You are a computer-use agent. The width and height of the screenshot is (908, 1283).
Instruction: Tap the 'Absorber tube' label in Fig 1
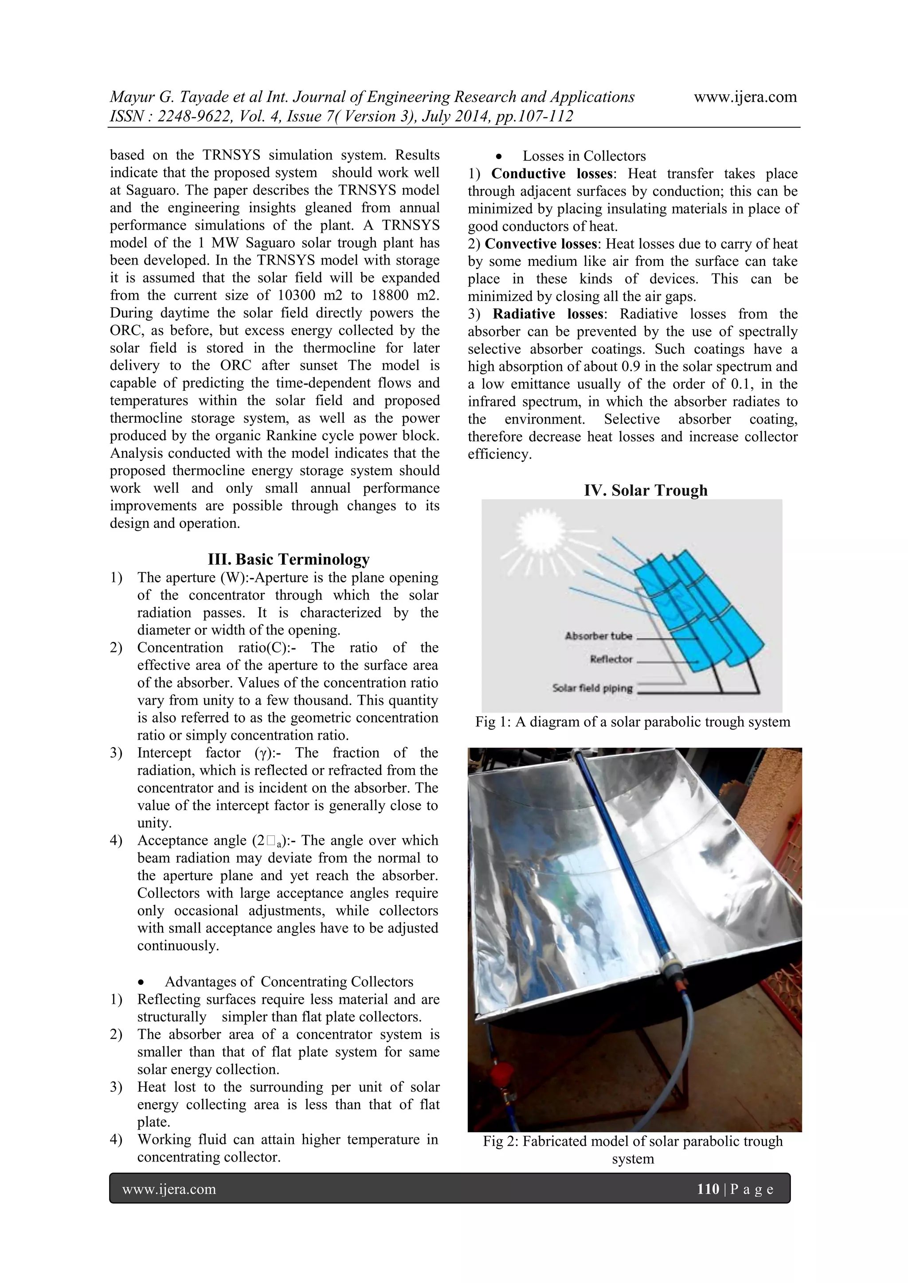pyautogui.click(x=598, y=636)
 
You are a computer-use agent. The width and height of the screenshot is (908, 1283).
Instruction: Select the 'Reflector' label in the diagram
pyautogui.click(x=611, y=659)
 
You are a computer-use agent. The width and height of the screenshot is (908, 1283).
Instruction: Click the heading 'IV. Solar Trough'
pyautogui.click(x=646, y=490)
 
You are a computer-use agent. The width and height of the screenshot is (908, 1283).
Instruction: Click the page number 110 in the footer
pyautogui.click(x=708, y=1189)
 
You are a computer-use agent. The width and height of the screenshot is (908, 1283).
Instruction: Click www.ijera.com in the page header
pyautogui.click(x=745, y=97)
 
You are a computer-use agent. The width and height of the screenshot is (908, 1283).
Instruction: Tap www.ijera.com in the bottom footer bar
pyautogui.click(x=169, y=1189)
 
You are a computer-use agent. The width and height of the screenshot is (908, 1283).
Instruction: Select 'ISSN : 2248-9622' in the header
pyautogui.click(x=163, y=116)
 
